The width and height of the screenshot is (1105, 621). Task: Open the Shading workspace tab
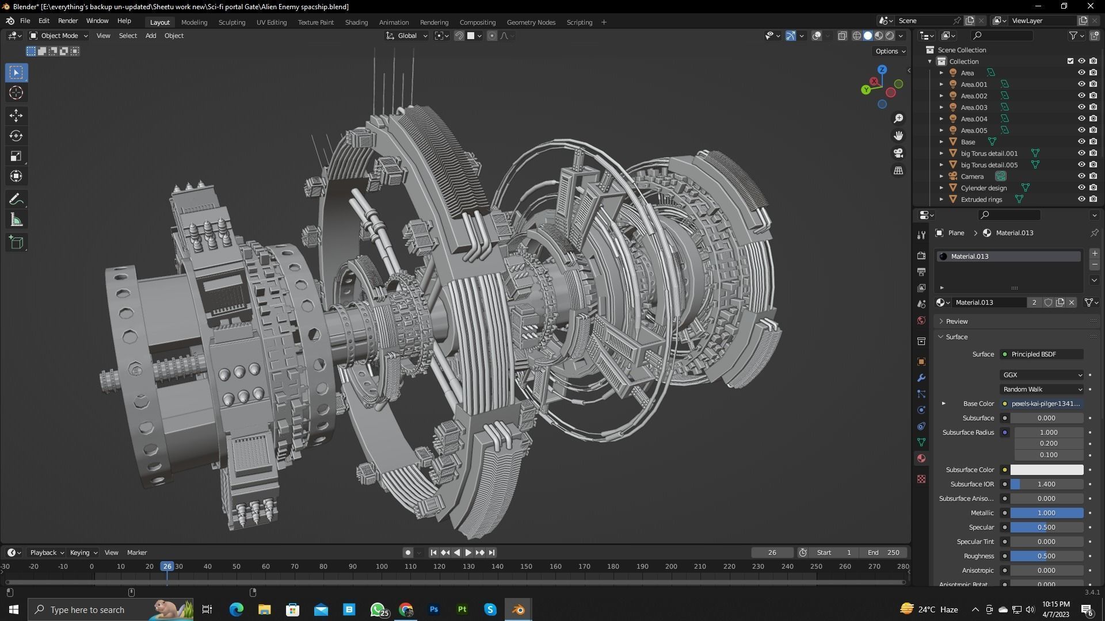[x=356, y=22]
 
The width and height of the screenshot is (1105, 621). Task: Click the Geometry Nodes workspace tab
[x=531, y=22]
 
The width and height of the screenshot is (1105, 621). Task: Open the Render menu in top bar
[x=68, y=21]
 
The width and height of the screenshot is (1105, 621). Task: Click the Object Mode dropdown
[x=59, y=36]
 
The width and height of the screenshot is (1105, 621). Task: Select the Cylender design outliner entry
[x=984, y=188]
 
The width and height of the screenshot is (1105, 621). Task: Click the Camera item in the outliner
[x=972, y=177]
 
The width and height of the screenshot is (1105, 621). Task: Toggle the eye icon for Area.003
[x=1081, y=108]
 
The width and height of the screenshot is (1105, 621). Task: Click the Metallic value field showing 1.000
[x=1046, y=513]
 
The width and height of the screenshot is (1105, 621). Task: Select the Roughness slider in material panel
[x=1046, y=556]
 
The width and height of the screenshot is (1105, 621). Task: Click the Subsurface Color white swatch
[x=1046, y=470]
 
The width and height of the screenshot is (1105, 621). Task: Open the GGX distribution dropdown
[x=1042, y=375]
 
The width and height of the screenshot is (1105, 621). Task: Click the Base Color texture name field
[x=1045, y=404]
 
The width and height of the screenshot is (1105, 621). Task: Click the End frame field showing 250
[x=883, y=553]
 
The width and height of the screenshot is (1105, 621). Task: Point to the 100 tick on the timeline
[x=382, y=566]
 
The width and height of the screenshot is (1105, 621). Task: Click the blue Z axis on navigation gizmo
[x=882, y=70]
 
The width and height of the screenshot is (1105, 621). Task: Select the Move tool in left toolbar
[x=16, y=116]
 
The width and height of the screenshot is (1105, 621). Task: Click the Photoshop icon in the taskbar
[x=434, y=609]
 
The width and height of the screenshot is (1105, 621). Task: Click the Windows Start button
[x=14, y=609]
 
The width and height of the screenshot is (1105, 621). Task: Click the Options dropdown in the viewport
[x=890, y=51]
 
